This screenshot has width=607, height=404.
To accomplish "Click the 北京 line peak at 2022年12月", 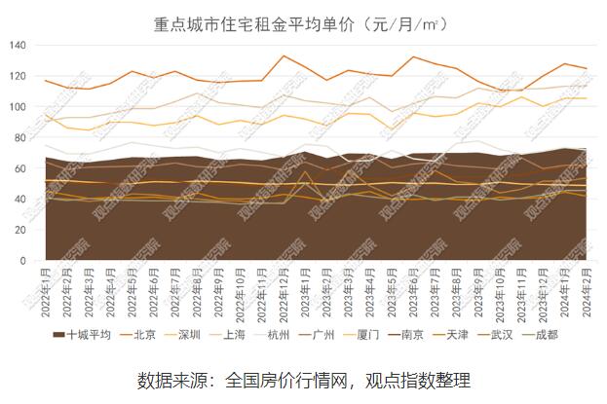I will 283,55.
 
